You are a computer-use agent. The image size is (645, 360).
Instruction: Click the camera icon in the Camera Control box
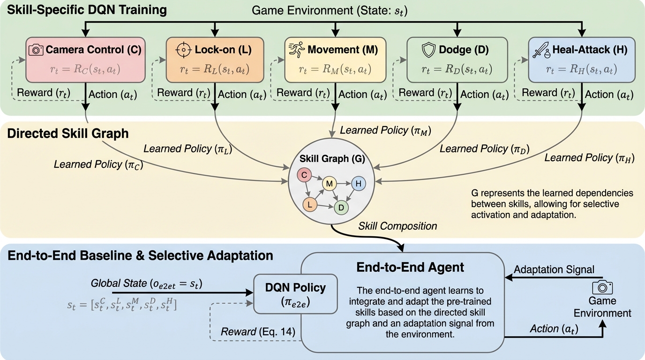(36, 50)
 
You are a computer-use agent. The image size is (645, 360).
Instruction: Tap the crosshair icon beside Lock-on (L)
(184, 50)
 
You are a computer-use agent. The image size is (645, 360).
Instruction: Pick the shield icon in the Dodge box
(429, 49)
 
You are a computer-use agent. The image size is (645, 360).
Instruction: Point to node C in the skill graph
(304, 176)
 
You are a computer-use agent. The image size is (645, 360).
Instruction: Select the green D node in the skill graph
(341, 207)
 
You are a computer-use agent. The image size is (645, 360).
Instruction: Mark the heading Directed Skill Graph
(68, 134)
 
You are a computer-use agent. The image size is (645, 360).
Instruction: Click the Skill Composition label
(397, 226)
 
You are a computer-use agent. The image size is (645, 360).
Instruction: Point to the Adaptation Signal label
(554, 270)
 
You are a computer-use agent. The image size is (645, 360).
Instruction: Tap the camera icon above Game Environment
(602, 287)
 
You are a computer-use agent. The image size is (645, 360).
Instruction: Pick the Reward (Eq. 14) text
(258, 332)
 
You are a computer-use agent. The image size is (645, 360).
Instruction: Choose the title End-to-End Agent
(410, 268)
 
